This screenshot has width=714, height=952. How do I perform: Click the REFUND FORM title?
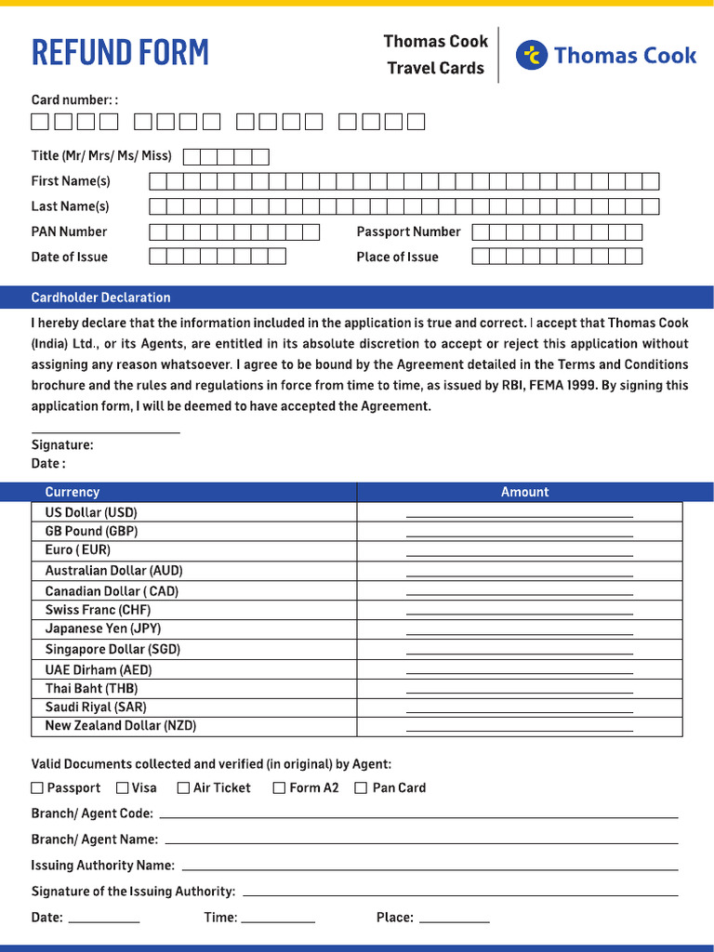click(x=120, y=53)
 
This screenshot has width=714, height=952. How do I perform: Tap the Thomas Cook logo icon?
click(x=532, y=56)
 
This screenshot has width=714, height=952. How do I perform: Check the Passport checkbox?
click(x=37, y=787)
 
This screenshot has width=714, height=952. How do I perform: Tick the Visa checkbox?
click(x=123, y=787)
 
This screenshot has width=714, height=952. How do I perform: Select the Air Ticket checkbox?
click(x=183, y=787)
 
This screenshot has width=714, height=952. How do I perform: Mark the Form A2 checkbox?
click(x=279, y=787)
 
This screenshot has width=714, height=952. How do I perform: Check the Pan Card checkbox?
click(x=361, y=787)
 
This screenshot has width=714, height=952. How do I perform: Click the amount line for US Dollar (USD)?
click(x=519, y=514)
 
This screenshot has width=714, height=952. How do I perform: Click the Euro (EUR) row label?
click(x=78, y=550)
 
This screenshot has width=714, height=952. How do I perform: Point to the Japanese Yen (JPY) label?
click(x=103, y=628)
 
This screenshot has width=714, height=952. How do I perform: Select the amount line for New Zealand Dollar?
click(x=519, y=729)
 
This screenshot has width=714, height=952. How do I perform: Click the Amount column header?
click(x=524, y=492)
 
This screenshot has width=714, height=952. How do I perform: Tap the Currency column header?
click(x=72, y=492)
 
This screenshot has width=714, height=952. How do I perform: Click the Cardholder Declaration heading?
click(x=100, y=297)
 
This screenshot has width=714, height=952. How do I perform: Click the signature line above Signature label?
click(x=105, y=431)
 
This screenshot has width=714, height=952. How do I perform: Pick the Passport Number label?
click(x=408, y=231)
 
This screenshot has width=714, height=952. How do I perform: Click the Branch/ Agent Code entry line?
click(x=418, y=816)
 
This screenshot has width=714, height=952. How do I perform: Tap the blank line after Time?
click(x=277, y=920)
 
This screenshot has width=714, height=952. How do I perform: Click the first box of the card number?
click(x=40, y=121)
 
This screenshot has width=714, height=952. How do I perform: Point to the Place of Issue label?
click(x=397, y=257)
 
